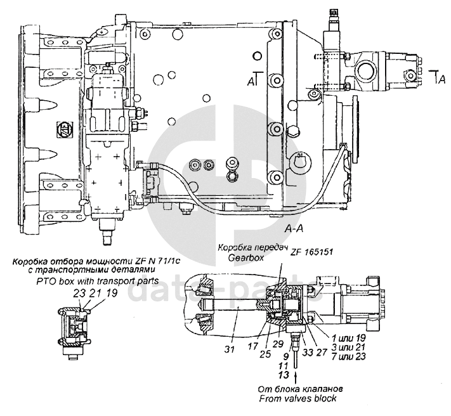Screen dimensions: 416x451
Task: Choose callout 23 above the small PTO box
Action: pyautogui.click(x=78, y=293)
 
